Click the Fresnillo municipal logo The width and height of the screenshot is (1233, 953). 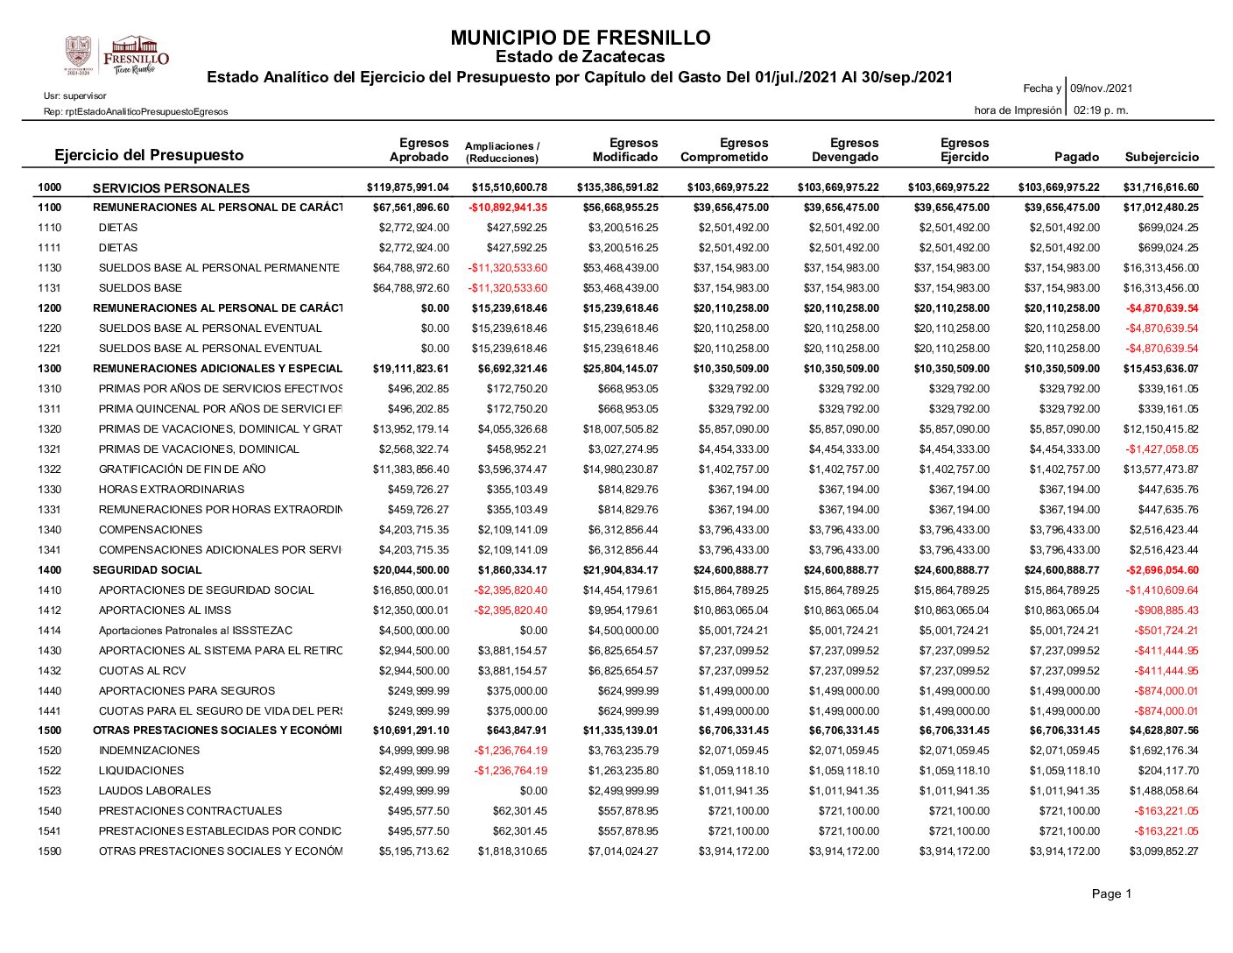point(116,55)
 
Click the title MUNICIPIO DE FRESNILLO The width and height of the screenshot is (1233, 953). point(580,39)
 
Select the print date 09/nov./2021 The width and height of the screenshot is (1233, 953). point(1101,88)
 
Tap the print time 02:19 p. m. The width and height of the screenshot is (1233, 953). point(1100,110)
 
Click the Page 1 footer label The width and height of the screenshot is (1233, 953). point(1111,894)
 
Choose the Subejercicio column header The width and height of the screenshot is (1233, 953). point(1161,158)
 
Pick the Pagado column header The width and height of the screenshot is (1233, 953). point(1076,158)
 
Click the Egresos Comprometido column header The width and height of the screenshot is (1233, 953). point(724,151)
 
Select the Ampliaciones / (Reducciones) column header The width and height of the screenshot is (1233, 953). point(503,152)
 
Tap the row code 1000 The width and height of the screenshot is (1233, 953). point(50,187)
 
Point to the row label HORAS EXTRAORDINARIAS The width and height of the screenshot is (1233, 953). point(172,490)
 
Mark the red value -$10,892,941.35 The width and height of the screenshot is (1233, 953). point(508,208)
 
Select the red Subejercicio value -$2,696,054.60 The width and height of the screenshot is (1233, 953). point(1161,570)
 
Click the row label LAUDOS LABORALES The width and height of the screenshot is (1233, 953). point(155,791)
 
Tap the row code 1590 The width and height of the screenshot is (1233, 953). point(50,851)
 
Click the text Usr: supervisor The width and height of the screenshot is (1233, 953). point(75,95)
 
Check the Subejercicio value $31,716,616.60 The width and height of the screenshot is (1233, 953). point(1160,187)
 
